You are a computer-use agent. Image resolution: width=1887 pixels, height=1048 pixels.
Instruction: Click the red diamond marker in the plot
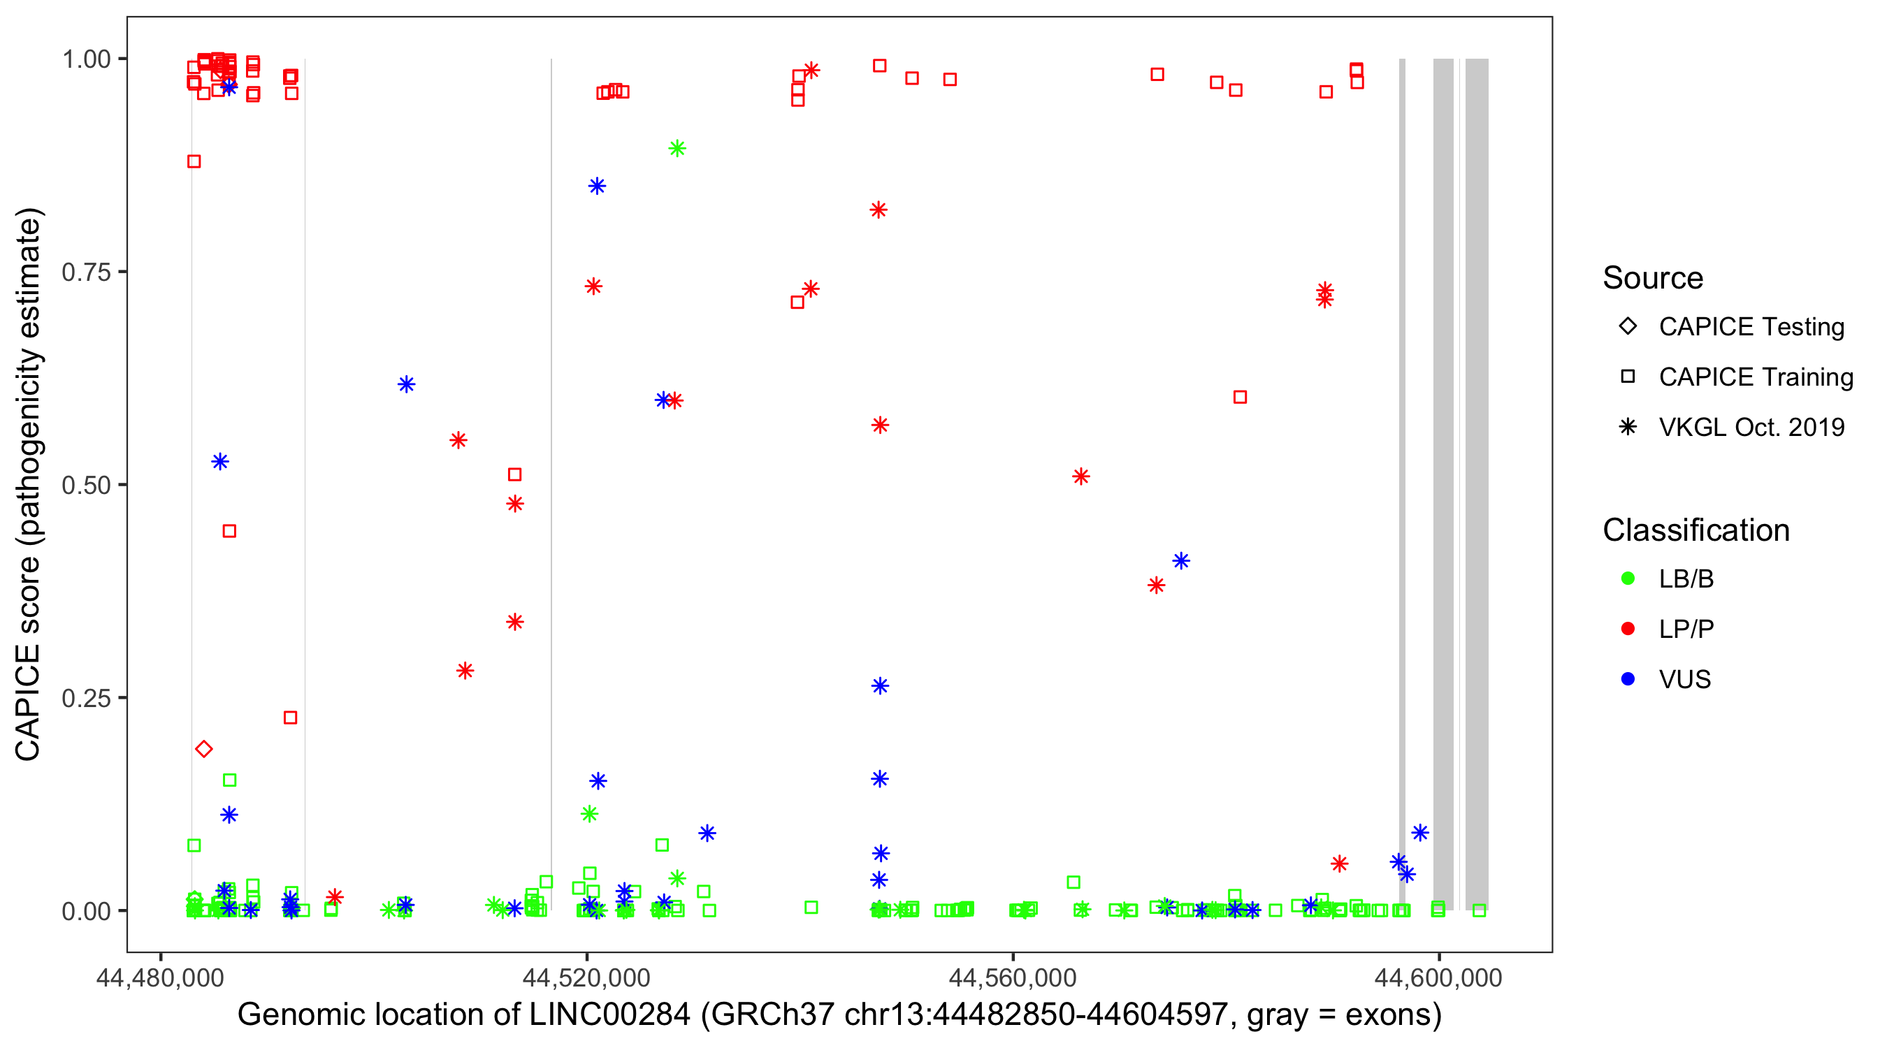pos(203,748)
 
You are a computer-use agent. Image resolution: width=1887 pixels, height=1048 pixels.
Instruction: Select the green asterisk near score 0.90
pos(677,149)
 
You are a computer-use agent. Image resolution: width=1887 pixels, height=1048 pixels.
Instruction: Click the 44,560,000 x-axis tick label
pos(1013,977)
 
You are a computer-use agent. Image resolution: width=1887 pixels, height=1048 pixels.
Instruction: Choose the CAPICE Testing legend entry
pos(1751,327)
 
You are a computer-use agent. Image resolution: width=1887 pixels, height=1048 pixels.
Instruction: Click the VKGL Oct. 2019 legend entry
pos(1751,427)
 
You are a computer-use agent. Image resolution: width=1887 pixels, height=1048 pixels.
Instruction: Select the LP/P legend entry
pos(1686,629)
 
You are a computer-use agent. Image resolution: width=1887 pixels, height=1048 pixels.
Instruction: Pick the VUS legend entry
pos(1684,680)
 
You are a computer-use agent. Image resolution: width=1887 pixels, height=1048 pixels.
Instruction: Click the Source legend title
pos(1653,278)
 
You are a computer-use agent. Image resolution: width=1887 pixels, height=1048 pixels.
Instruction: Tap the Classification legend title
pos(1696,530)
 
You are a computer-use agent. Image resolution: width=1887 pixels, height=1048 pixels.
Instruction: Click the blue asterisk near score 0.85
pos(597,186)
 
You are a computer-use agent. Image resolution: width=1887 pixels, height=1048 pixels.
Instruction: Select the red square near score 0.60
pos(1239,397)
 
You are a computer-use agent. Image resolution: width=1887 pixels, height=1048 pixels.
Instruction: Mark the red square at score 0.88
pos(194,161)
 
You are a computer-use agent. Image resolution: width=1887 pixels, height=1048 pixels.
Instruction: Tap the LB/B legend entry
pos(1686,578)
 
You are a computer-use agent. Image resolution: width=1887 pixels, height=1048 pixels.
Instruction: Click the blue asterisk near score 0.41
pos(1181,561)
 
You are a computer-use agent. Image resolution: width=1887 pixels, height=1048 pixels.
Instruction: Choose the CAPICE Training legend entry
pos(1755,377)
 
